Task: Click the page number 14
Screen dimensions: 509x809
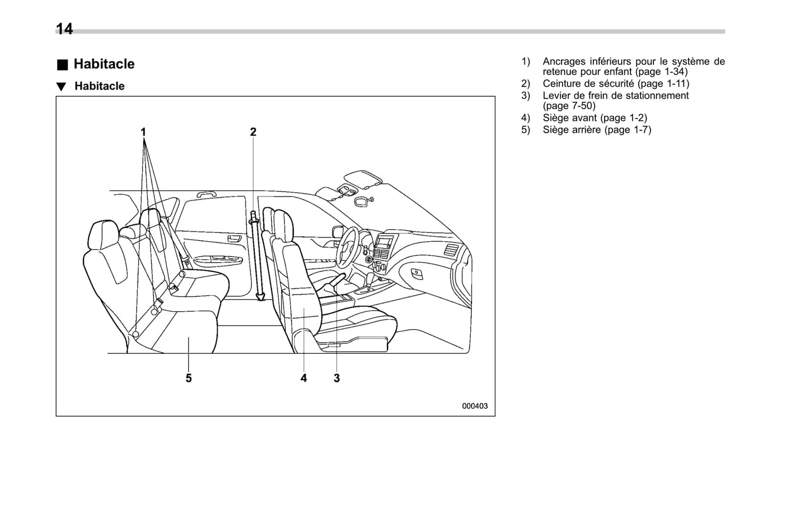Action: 64,29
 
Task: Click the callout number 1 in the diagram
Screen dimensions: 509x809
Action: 143,132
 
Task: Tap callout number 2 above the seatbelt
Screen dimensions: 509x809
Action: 253,132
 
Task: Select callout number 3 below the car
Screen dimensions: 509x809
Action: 336,378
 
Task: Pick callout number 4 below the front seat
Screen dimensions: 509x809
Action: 303,378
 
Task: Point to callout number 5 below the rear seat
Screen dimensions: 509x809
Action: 189,378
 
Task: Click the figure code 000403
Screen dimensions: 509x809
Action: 475,406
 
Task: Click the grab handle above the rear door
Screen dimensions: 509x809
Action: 207,194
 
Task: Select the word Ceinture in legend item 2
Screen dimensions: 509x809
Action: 561,83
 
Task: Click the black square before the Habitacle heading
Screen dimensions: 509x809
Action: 62,64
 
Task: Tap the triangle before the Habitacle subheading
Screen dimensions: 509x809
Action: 61,87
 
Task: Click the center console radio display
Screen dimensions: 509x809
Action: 385,242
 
